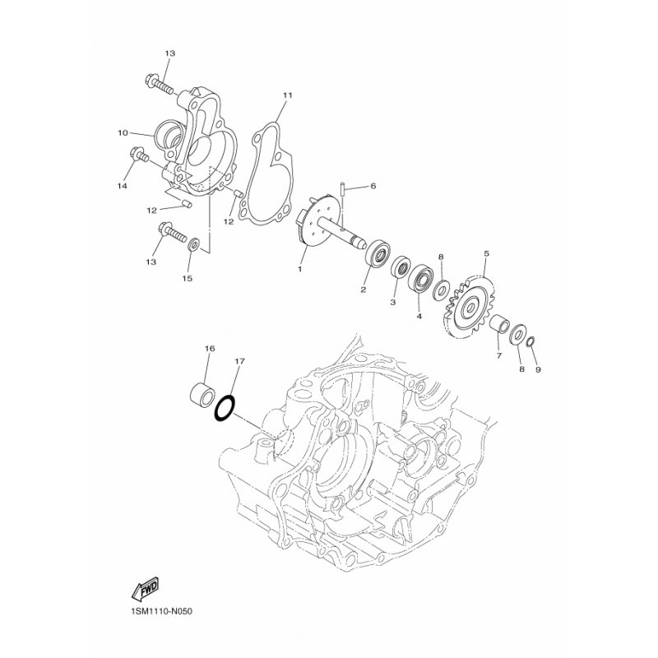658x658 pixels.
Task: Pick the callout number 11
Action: [265, 95]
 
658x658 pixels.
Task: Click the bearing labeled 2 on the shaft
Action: [379, 251]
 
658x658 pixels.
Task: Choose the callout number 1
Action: [300, 269]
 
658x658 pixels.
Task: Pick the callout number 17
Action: [239, 360]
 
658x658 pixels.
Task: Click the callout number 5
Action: [487, 254]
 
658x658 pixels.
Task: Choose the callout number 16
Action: [209, 349]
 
